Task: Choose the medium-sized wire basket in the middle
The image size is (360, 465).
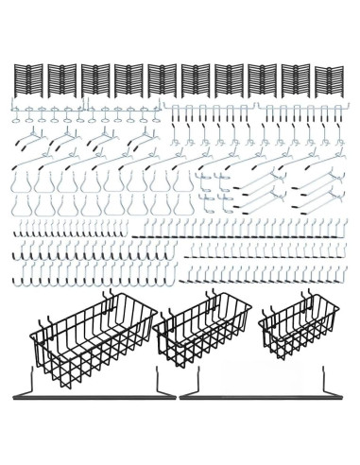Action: point(204,336)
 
